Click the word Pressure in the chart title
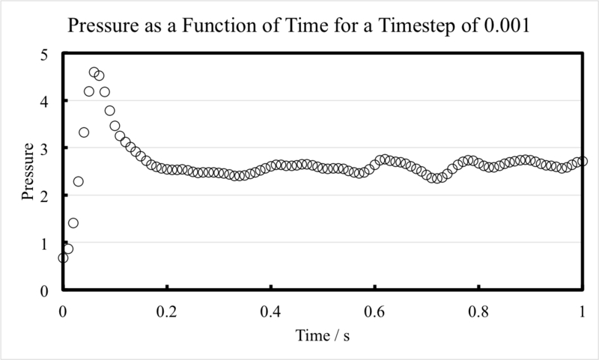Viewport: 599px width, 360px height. click(x=103, y=25)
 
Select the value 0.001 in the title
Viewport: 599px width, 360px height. click(x=507, y=25)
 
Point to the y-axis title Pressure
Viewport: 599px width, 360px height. click(x=28, y=171)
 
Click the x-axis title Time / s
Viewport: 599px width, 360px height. click(x=323, y=335)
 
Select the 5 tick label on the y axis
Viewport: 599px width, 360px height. click(x=44, y=55)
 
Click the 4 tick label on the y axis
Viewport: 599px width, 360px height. click(x=44, y=102)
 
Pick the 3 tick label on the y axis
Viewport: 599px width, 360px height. click(x=44, y=149)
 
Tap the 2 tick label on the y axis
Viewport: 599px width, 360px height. click(x=44, y=197)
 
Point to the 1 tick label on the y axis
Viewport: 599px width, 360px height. click(x=44, y=244)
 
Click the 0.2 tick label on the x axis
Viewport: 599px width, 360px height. click(x=167, y=312)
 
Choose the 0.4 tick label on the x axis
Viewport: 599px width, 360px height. click(x=271, y=312)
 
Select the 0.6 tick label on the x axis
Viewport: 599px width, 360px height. click(x=375, y=312)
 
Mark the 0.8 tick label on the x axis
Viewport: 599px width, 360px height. click(x=478, y=312)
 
